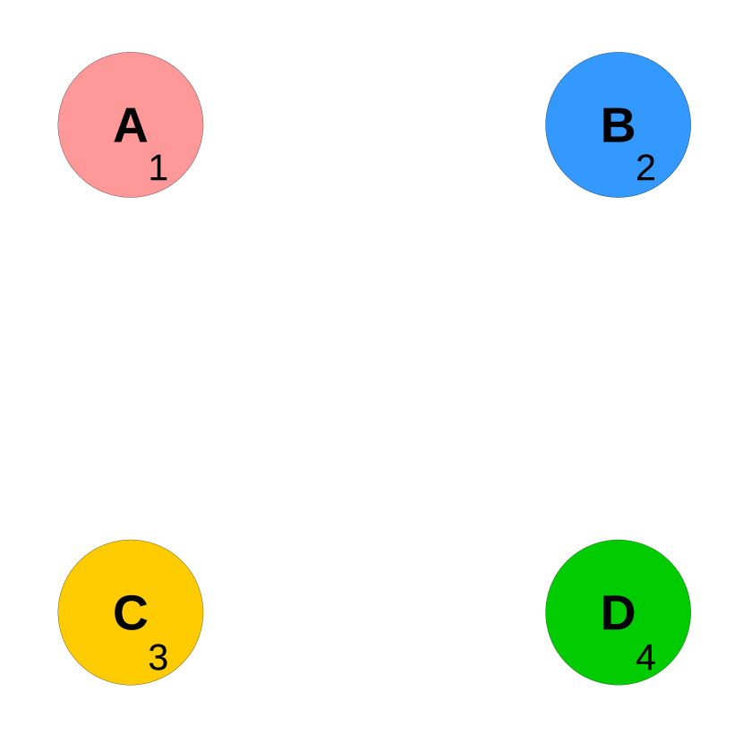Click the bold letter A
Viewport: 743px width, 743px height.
131,126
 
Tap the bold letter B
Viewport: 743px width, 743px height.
618,126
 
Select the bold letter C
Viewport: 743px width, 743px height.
131,614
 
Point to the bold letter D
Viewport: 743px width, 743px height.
618,614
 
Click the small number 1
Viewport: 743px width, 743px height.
158,168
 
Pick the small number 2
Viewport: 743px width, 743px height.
645,168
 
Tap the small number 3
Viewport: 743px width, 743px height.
158,658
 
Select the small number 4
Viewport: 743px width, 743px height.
645,658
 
